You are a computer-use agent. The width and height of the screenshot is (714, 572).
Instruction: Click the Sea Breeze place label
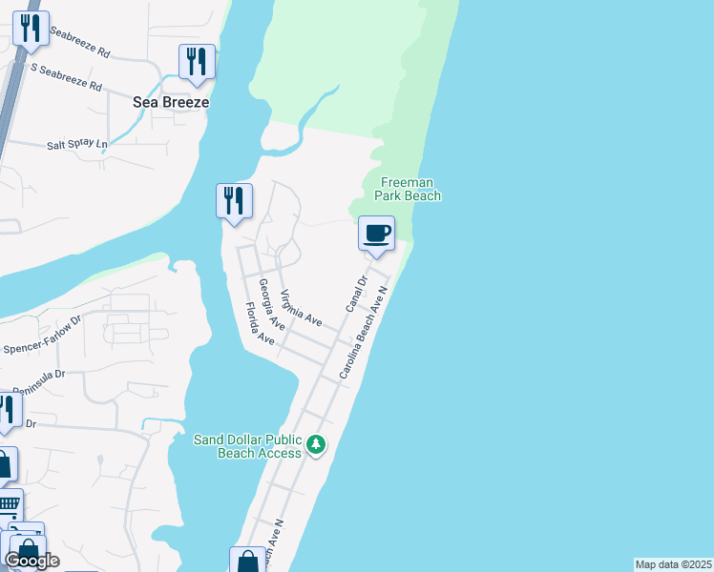click(172, 102)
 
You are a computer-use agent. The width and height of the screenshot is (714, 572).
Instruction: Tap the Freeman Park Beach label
click(410, 189)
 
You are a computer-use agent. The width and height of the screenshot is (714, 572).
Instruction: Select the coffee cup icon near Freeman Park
click(376, 233)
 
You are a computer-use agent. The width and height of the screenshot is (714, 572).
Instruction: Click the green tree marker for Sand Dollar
click(316, 444)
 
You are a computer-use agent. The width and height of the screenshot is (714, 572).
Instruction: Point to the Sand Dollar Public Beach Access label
click(248, 445)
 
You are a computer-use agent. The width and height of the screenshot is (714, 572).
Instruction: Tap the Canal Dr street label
click(356, 295)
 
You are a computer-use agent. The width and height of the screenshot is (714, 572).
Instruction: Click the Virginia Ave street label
click(301, 308)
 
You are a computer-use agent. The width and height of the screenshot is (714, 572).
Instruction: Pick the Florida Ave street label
click(258, 323)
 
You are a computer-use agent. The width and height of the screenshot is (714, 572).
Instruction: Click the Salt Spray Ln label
click(77, 144)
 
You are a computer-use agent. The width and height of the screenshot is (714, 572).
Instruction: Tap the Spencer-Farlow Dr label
click(42, 343)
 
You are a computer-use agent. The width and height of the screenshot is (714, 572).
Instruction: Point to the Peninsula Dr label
click(32, 380)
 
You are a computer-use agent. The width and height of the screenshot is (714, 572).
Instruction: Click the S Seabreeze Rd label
click(67, 76)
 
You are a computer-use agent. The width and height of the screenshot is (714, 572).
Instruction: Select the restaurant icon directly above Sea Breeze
click(197, 61)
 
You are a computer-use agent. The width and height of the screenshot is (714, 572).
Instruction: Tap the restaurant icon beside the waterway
click(234, 200)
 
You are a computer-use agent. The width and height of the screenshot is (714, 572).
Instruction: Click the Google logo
click(31, 561)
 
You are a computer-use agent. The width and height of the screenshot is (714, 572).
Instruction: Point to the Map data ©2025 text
click(673, 564)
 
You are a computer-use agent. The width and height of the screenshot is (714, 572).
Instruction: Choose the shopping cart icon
click(8, 503)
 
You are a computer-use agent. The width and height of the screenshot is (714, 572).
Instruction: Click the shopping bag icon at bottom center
click(247, 562)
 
